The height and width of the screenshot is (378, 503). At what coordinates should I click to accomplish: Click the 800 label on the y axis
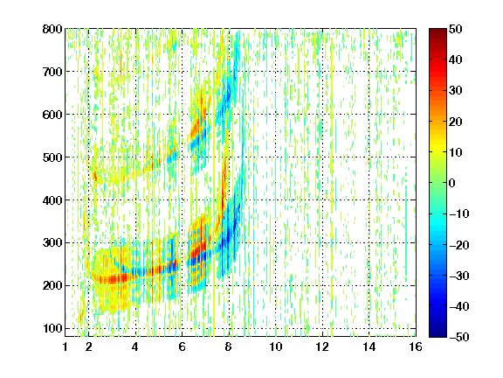(x=52, y=29)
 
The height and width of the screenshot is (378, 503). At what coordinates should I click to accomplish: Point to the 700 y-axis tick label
(x=52, y=72)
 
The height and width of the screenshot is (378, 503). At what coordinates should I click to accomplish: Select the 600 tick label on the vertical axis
(x=52, y=115)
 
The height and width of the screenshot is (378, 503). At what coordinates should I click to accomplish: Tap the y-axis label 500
(x=52, y=157)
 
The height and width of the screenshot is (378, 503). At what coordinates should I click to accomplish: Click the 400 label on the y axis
(x=52, y=200)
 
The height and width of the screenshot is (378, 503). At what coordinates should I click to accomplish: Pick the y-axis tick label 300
(x=52, y=242)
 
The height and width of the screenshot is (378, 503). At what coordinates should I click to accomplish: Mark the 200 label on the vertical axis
(x=52, y=285)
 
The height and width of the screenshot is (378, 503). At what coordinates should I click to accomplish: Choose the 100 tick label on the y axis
(x=52, y=328)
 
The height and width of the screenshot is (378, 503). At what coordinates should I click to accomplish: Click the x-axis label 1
(x=65, y=346)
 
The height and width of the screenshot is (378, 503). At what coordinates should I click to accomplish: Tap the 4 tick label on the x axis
(x=135, y=346)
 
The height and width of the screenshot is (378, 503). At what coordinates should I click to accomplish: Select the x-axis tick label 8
(x=228, y=346)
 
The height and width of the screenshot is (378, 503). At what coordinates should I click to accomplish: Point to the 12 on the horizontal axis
(x=321, y=346)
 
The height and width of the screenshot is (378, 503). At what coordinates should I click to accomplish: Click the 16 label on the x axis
(x=416, y=346)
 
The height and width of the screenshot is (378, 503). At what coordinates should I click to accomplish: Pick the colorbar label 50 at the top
(x=456, y=29)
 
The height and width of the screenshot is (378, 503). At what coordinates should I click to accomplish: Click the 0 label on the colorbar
(x=452, y=183)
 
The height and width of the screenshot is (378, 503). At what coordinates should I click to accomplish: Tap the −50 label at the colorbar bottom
(x=459, y=337)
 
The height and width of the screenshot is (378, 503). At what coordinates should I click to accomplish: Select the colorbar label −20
(x=459, y=245)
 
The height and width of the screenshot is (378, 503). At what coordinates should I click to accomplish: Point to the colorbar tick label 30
(x=456, y=91)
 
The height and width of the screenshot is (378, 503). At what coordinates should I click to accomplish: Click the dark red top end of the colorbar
(x=438, y=31)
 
